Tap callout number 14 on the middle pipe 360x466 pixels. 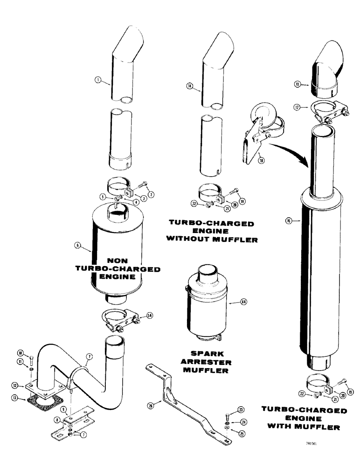189,86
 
